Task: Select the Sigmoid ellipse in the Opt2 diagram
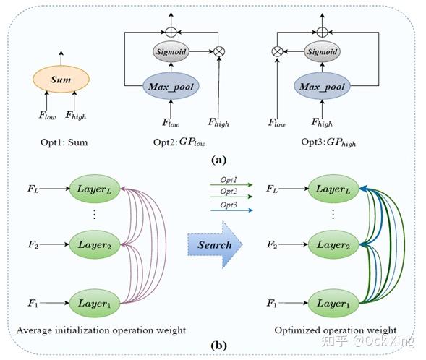[x=170, y=53]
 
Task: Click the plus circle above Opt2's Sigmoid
[x=170, y=31]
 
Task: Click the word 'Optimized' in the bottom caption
[x=298, y=330]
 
